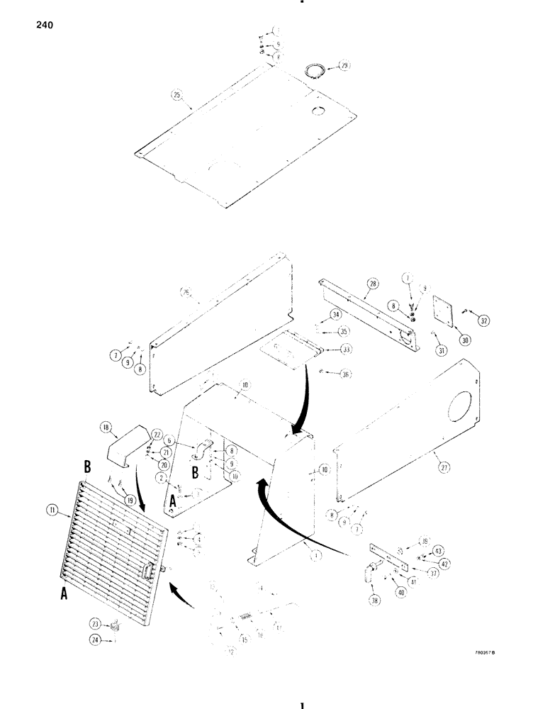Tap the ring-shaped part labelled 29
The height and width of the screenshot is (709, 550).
(x=313, y=70)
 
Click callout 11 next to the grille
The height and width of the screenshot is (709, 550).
(x=51, y=509)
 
